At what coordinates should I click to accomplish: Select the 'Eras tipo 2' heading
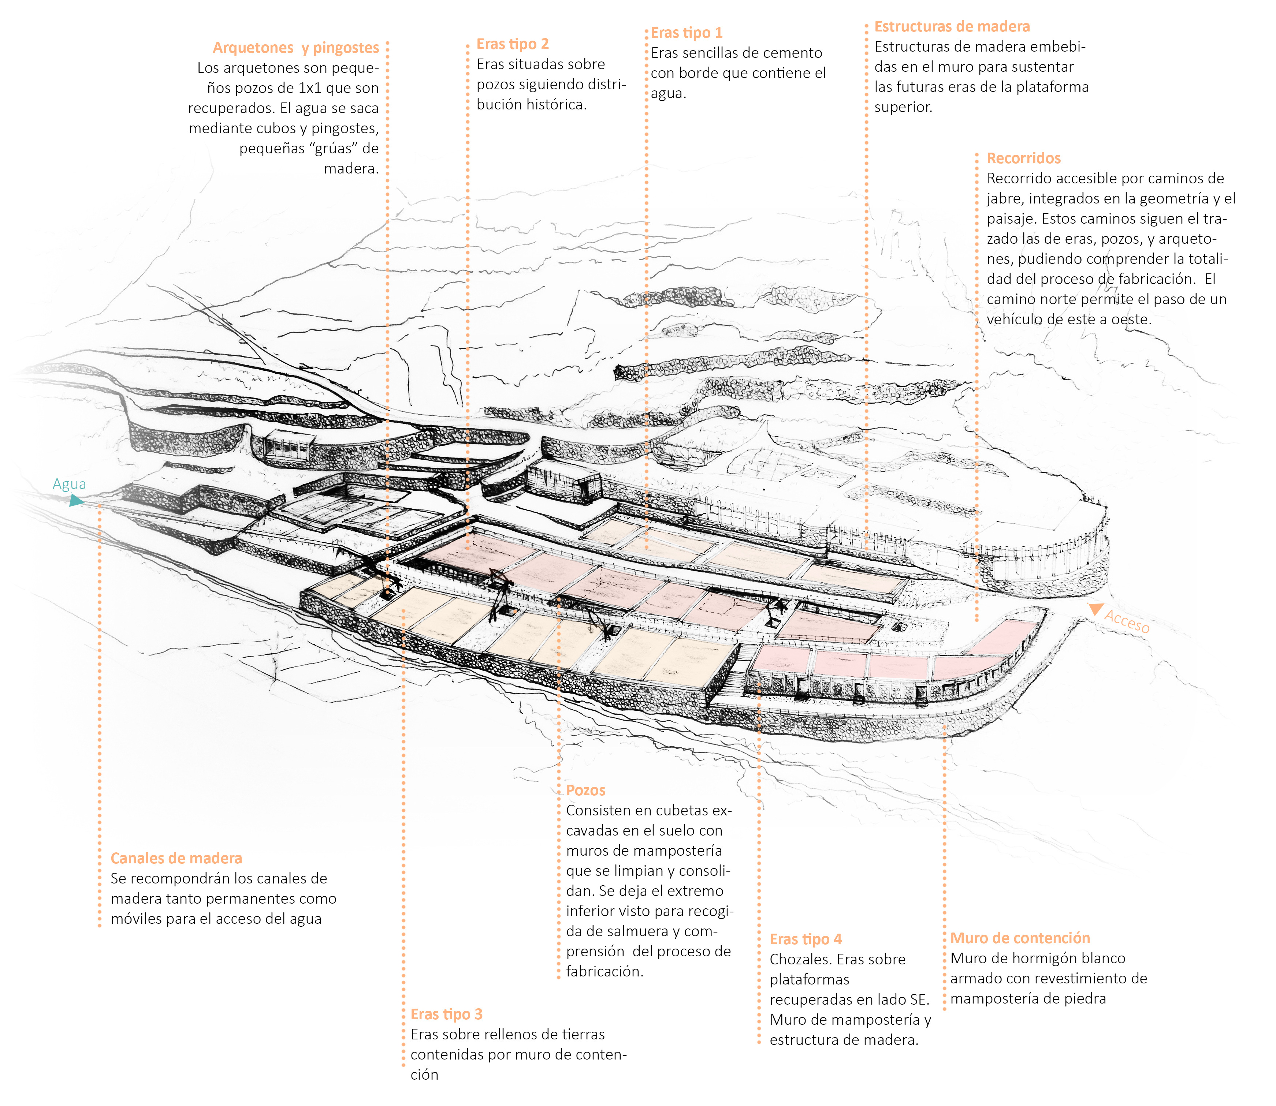point(512,44)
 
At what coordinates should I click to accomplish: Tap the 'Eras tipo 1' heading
point(687,33)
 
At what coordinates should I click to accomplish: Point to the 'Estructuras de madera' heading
point(952,27)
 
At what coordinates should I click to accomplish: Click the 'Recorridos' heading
point(1023,158)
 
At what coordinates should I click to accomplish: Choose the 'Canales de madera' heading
point(176,858)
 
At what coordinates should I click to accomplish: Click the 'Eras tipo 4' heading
point(806,939)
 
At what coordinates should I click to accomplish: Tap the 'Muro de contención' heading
point(1020,938)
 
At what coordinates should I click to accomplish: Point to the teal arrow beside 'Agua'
point(76,501)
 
